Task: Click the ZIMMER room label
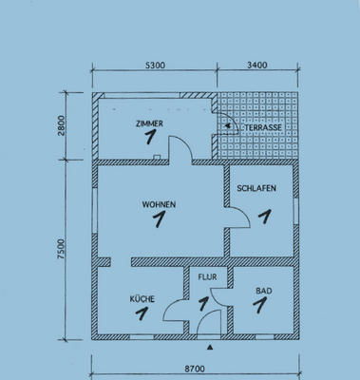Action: [x=149, y=123]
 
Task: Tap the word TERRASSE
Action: [x=263, y=127]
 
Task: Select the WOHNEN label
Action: [x=159, y=204]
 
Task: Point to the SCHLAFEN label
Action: [x=256, y=188]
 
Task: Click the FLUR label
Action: [x=207, y=277]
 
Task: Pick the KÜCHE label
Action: [x=142, y=299]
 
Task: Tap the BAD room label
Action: [x=264, y=291]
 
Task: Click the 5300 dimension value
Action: [x=155, y=66]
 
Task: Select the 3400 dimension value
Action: [x=257, y=66]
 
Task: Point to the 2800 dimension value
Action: [x=61, y=125]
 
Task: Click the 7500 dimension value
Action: [x=61, y=249]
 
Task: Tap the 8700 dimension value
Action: [x=195, y=369]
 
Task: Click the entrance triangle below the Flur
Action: [x=210, y=348]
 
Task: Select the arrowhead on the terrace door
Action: [x=227, y=126]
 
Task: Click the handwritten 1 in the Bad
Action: [x=260, y=305]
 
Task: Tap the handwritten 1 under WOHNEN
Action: [x=159, y=218]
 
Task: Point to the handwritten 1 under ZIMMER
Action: [x=150, y=137]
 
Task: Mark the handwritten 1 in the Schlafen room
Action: [x=265, y=217]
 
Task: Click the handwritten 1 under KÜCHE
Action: [x=142, y=313]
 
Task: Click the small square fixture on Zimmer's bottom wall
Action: [x=157, y=157]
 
